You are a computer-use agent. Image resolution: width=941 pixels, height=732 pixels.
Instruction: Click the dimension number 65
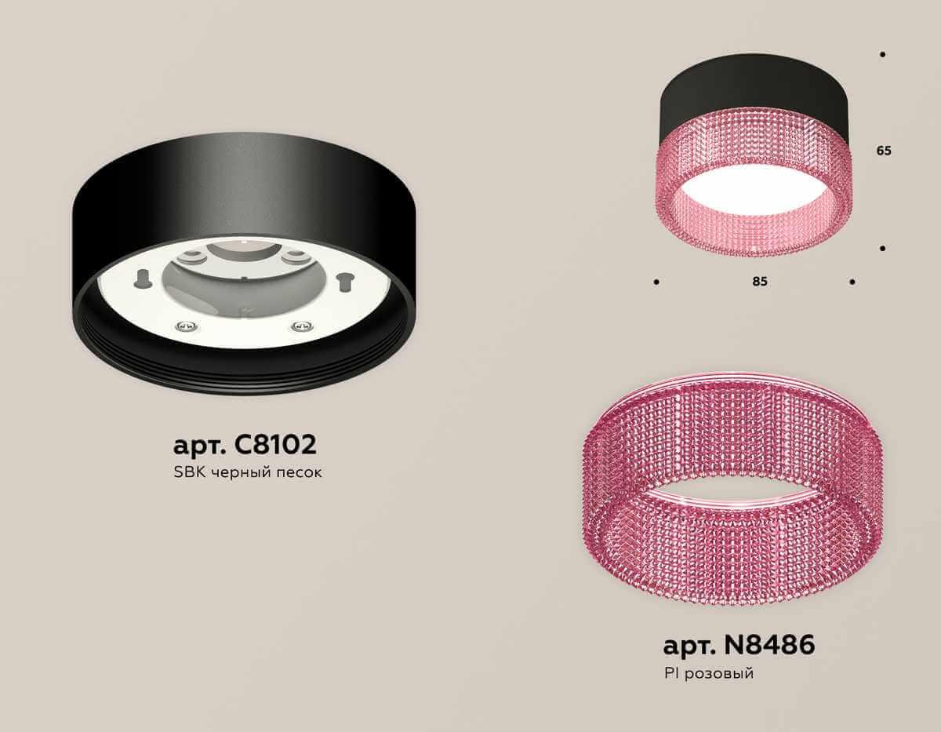[884, 151]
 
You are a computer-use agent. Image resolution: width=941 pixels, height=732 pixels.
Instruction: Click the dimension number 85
[758, 282]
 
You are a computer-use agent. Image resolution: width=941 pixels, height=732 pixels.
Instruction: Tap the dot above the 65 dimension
[883, 54]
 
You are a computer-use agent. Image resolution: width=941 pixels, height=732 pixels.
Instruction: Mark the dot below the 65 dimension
[883, 248]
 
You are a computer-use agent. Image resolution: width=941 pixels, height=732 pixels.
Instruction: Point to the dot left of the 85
[656, 281]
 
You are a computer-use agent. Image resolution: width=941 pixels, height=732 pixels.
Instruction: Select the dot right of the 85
[852, 281]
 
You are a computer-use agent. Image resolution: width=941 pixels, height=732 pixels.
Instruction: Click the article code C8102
[275, 445]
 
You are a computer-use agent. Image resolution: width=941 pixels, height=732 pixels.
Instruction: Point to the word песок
[301, 473]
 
